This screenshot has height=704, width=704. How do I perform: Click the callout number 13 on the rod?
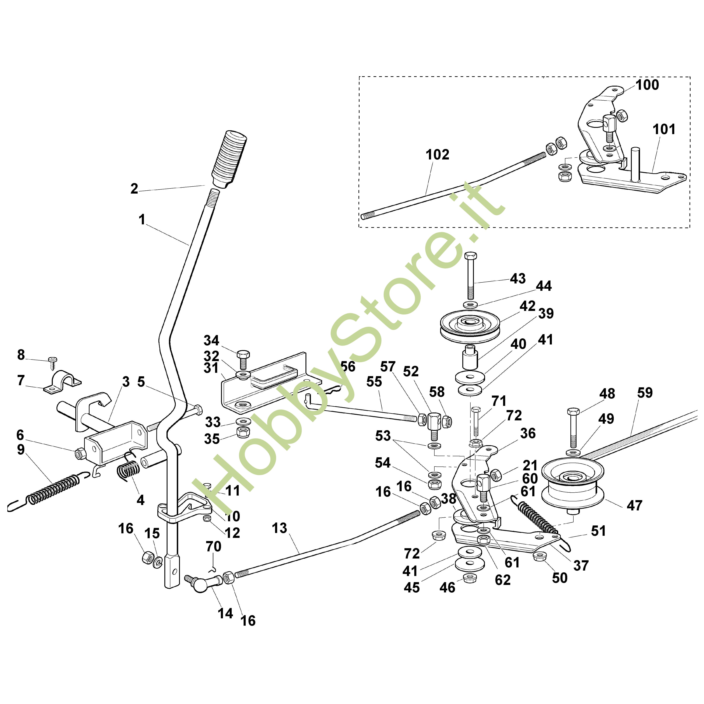click(x=279, y=528)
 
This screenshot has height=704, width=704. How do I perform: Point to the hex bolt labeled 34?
click(x=243, y=359)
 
